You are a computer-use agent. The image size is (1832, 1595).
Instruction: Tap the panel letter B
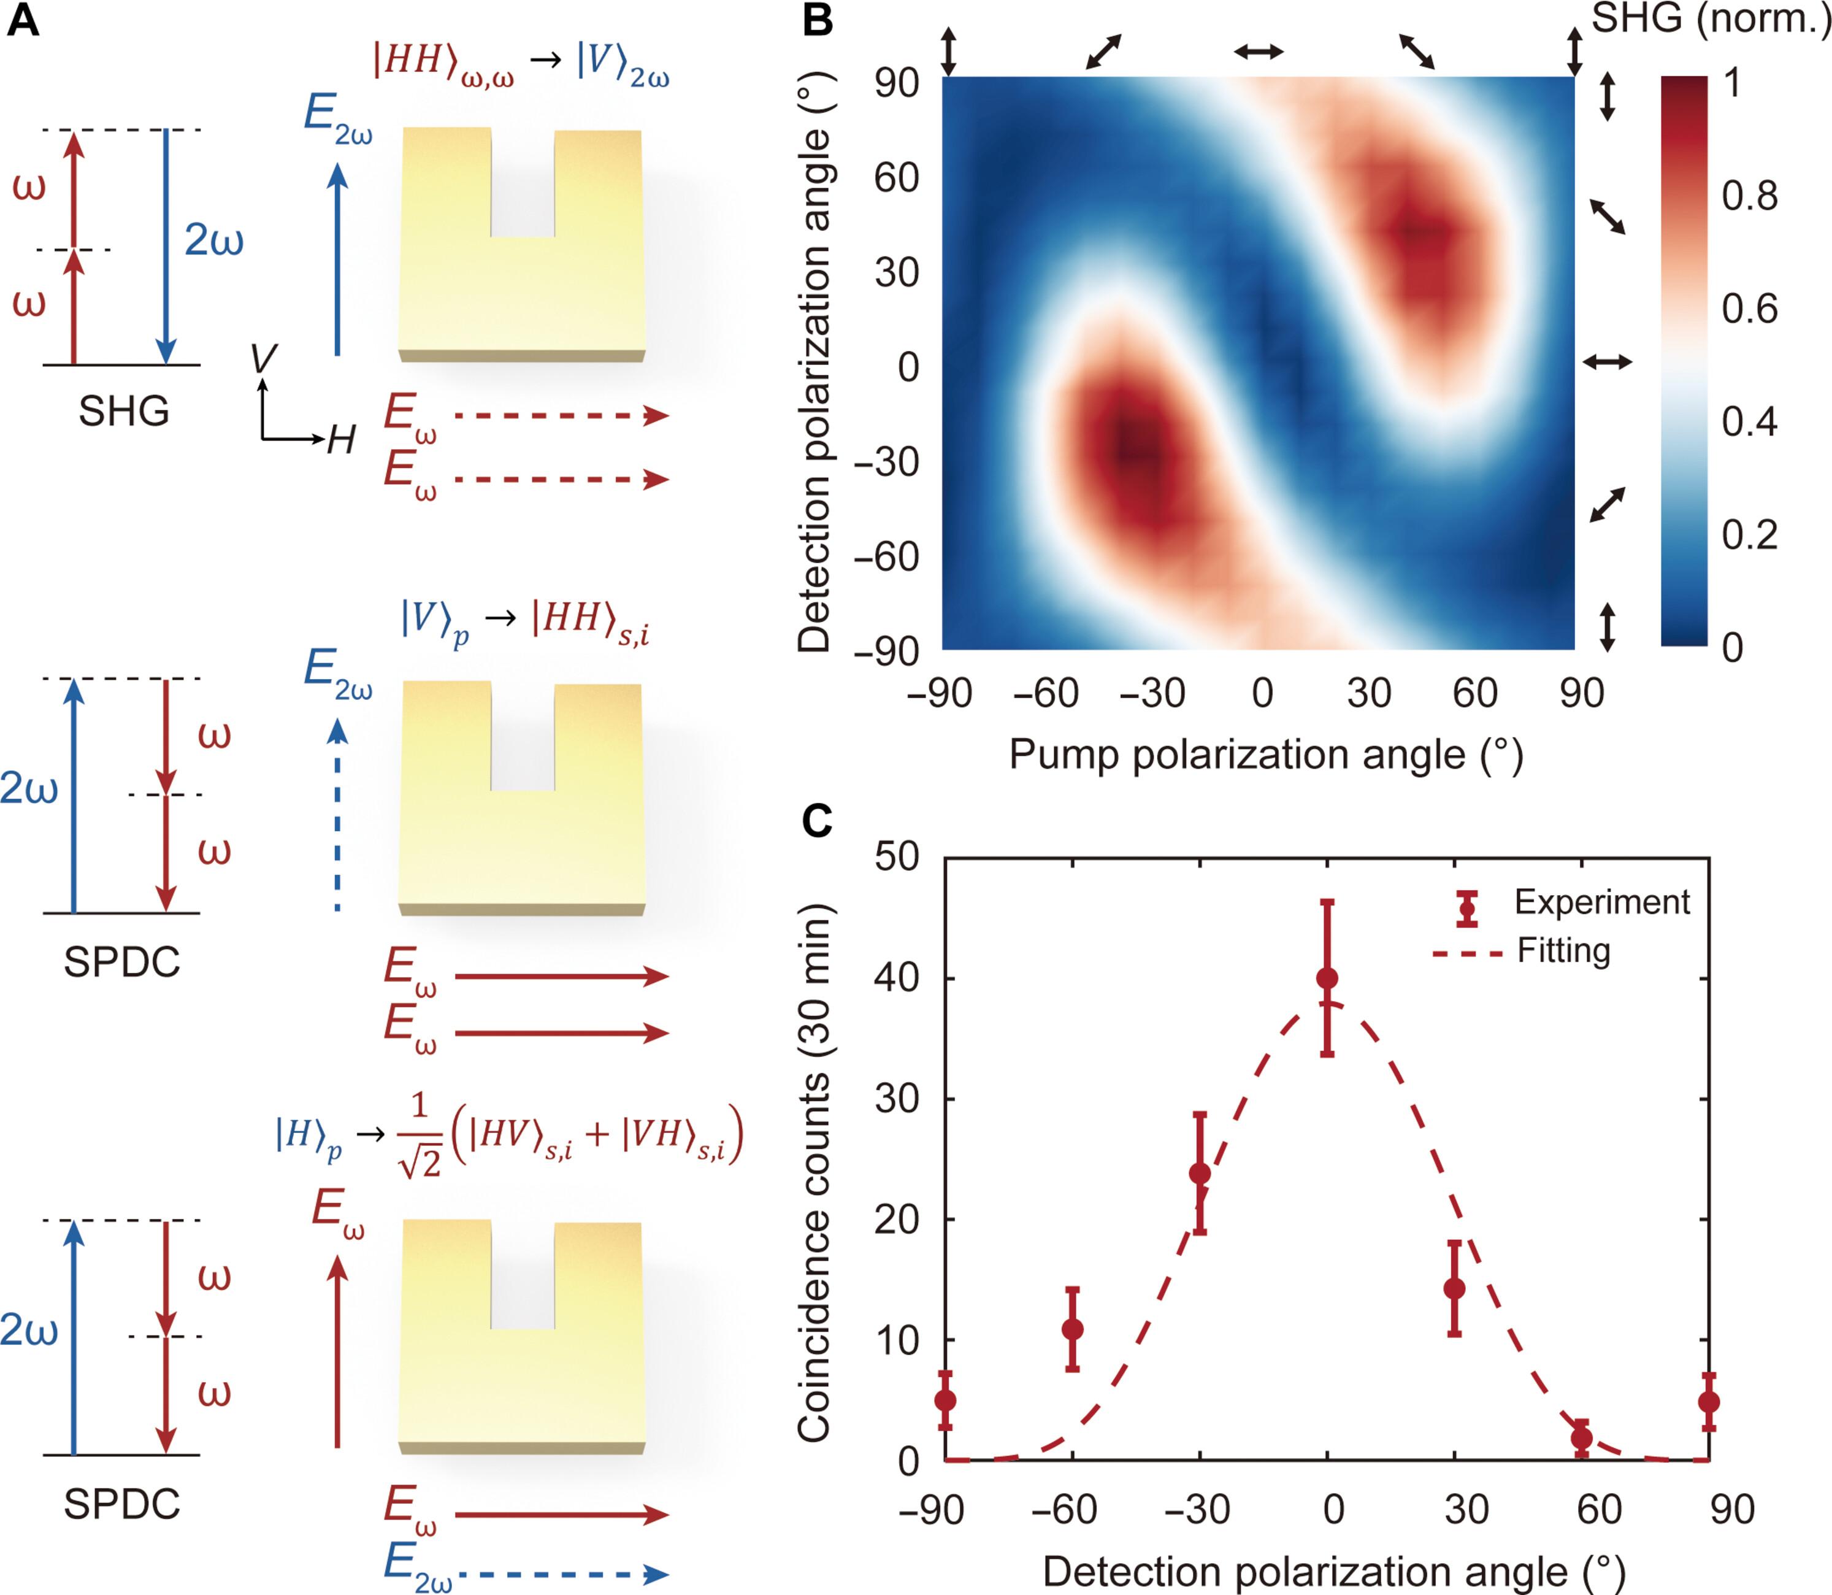(x=818, y=20)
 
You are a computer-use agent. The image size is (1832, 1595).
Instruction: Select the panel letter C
(x=818, y=821)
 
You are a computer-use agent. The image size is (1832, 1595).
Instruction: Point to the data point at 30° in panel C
(x=1454, y=1288)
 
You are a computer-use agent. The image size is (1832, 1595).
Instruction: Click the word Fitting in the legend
(x=1563, y=951)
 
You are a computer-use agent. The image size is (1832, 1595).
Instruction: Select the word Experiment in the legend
(x=1601, y=902)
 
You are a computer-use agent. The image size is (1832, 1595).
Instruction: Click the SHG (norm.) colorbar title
(x=1710, y=18)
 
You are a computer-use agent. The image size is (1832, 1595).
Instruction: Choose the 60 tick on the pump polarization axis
(x=1474, y=693)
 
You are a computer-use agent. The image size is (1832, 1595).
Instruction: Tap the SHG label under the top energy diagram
(x=124, y=411)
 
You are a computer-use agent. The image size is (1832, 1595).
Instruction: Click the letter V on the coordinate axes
(x=263, y=358)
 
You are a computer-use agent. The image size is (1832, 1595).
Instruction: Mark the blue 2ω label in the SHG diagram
(x=213, y=240)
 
